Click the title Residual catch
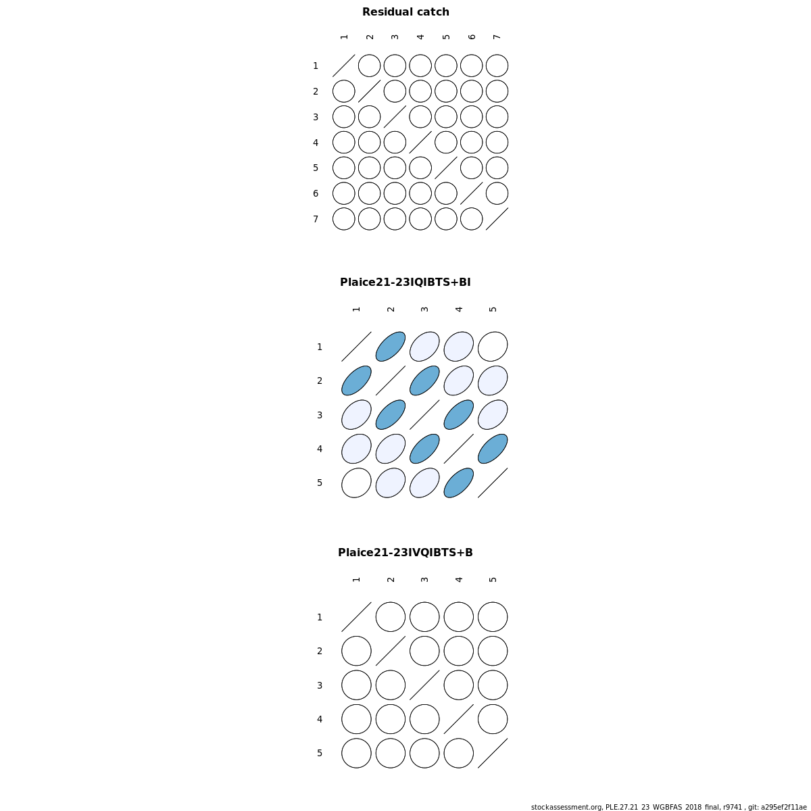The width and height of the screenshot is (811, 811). (x=405, y=11)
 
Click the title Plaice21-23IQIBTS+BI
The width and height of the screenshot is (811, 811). (x=405, y=282)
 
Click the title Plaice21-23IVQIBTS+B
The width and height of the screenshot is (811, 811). (x=405, y=552)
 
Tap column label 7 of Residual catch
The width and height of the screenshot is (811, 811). (x=497, y=37)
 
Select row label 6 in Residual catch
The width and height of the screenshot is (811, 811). (x=316, y=193)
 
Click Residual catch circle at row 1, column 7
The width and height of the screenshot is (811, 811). (x=497, y=66)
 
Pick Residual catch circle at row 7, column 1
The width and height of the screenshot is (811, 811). (x=344, y=219)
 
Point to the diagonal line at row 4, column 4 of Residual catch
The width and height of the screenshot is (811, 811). (x=420, y=142)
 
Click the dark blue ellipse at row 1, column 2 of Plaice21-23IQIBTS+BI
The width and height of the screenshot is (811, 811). (x=391, y=347)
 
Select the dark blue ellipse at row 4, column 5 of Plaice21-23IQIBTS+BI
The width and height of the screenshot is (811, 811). (x=493, y=449)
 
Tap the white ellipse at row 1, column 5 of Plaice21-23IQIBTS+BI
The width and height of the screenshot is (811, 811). (x=493, y=347)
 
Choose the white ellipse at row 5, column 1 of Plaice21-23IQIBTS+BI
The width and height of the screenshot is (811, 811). (x=356, y=483)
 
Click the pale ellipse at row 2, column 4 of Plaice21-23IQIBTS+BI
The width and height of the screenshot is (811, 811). (x=459, y=380)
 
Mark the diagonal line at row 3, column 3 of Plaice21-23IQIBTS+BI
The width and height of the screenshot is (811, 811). (x=424, y=414)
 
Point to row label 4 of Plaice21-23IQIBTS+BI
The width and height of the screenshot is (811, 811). (x=320, y=449)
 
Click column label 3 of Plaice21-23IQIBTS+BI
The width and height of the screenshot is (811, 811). (x=424, y=310)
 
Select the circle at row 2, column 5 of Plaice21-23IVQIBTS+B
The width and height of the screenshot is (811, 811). (x=493, y=651)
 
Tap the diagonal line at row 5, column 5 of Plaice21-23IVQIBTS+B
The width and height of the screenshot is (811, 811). (x=493, y=753)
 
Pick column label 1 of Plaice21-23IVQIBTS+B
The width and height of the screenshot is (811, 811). (x=356, y=579)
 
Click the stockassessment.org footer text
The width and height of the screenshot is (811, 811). (x=669, y=807)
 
